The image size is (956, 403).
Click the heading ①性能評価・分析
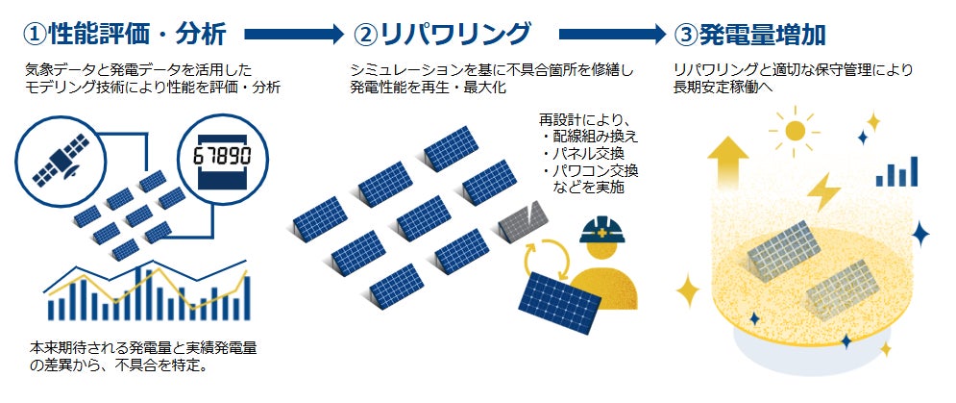pyautogui.click(x=125, y=36)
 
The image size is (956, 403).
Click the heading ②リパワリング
pyautogui.click(x=442, y=36)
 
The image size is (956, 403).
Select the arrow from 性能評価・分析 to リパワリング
pyautogui.click(x=294, y=36)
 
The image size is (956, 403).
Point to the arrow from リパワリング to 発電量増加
pyautogui.click(x=616, y=36)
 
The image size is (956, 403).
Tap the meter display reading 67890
pyautogui.click(x=223, y=156)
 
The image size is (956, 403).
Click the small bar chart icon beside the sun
pyautogui.click(x=898, y=173)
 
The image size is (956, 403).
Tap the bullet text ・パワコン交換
pyautogui.click(x=593, y=171)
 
